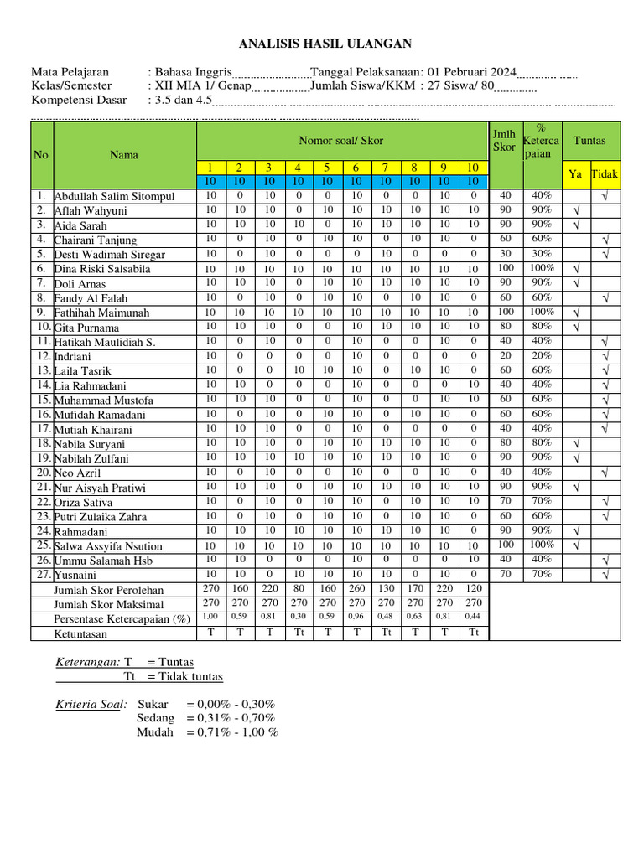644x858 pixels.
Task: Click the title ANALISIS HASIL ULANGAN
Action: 325,44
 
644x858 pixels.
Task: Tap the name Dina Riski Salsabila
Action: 102,270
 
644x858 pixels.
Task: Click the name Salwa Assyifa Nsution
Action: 108,546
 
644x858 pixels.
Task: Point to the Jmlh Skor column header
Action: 504,141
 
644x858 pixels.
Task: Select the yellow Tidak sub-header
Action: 605,174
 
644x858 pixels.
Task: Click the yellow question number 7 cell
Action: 385,168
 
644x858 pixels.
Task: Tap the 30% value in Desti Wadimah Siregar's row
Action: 541,253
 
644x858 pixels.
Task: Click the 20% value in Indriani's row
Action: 541,355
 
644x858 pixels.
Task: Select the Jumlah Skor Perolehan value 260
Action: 356,589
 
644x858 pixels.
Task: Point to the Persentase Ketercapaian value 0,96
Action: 356,618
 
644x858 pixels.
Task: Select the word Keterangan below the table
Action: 87,662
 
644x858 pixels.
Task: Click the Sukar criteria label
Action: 153,704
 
